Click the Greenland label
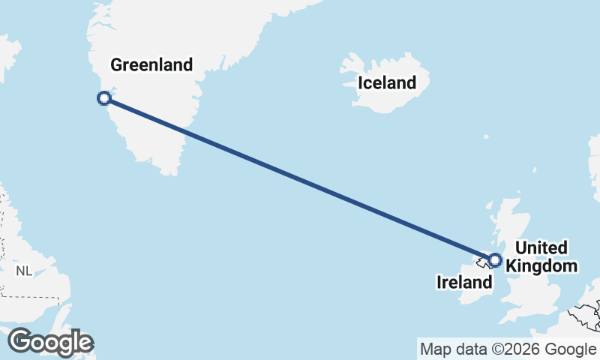(151, 64)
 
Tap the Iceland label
(386, 82)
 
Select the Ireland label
(464, 283)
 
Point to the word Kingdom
(542, 265)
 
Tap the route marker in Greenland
(105, 98)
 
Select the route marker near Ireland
(494, 260)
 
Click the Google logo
(49, 342)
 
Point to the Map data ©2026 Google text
(508, 349)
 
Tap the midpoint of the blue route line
(300, 179)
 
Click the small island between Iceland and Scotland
(486, 137)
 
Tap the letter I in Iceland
(361, 82)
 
